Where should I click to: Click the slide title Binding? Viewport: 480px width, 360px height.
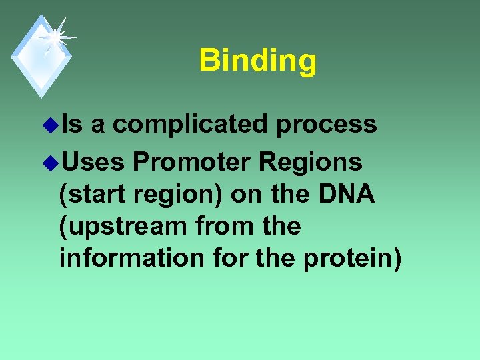click(257, 60)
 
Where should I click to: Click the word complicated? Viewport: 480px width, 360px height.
click(190, 124)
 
